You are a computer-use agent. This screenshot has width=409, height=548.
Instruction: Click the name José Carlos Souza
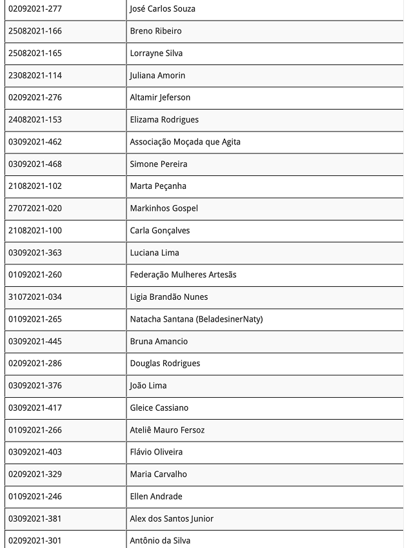tap(163, 9)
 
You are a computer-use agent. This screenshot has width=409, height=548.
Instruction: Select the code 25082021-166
tap(35, 31)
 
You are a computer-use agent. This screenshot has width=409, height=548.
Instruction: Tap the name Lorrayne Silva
tap(156, 54)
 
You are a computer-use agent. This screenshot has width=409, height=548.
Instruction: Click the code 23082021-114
tap(35, 75)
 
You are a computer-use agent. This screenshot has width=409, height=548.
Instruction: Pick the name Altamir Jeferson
tap(160, 97)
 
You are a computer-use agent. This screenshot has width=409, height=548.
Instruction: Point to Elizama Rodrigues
tap(164, 120)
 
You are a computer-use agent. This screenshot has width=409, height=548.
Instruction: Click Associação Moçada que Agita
tap(185, 142)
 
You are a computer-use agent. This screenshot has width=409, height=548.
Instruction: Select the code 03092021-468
tap(35, 164)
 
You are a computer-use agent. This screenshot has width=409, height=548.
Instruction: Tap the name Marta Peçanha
tap(158, 186)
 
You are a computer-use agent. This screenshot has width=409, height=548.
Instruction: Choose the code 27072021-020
tap(35, 208)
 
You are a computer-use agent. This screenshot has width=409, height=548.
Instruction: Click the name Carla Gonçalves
tap(160, 231)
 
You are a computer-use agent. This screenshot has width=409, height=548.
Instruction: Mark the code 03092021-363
tap(35, 253)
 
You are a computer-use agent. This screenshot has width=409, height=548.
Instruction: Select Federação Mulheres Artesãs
tap(183, 275)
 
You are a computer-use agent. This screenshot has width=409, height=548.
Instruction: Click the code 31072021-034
tap(35, 297)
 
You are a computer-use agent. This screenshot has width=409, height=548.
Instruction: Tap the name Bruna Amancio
tap(159, 341)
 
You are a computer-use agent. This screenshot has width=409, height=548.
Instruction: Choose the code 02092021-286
tap(35, 364)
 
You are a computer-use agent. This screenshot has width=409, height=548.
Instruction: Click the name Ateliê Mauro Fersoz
tap(167, 430)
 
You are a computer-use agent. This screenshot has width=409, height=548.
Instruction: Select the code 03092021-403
tap(35, 452)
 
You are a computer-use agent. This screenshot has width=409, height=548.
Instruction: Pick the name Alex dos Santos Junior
tap(172, 518)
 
